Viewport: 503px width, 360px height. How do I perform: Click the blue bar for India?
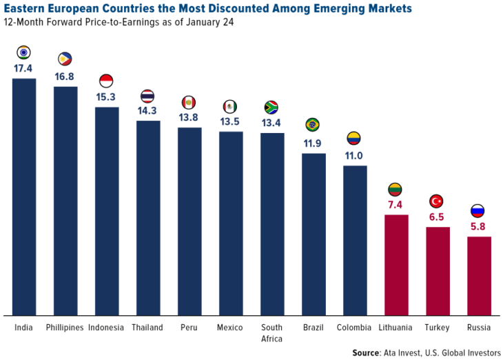(x=24, y=197)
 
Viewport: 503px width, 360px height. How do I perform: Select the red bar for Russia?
(x=479, y=276)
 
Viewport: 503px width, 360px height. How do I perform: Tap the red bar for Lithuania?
(x=396, y=265)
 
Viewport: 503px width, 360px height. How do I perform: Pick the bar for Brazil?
(x=314, y=234)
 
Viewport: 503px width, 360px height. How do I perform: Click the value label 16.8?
(x=65, y=76)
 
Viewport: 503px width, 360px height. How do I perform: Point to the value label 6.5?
(x=437, y=216)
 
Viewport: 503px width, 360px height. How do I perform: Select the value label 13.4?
(x=272, y=122)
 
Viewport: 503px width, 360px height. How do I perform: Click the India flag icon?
(x=24, y=52)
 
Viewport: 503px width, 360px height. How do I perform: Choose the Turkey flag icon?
(x=437, y=201)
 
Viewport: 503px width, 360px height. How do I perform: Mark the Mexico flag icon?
(x=230, y=106)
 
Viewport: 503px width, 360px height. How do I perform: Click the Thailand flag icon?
(x=147, y=96)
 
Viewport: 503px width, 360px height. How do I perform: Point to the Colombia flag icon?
(x=354, y=138)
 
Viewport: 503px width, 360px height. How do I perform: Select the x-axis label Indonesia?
(x=106, y=327)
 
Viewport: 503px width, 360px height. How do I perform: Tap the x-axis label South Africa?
(x=272, y=332)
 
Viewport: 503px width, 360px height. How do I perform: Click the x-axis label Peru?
(x=189, y=327)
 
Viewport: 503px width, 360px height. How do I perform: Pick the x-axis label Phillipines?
(x=65, y=327)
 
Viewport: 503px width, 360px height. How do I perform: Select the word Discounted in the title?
(x=225, y=9)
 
